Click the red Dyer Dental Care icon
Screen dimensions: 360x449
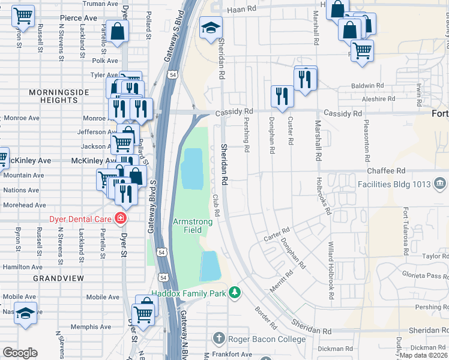tap(121, 218)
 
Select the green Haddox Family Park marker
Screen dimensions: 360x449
tap(235, 293)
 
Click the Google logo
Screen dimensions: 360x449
tap(20, 352)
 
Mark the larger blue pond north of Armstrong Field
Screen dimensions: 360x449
tap(191, 169)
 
